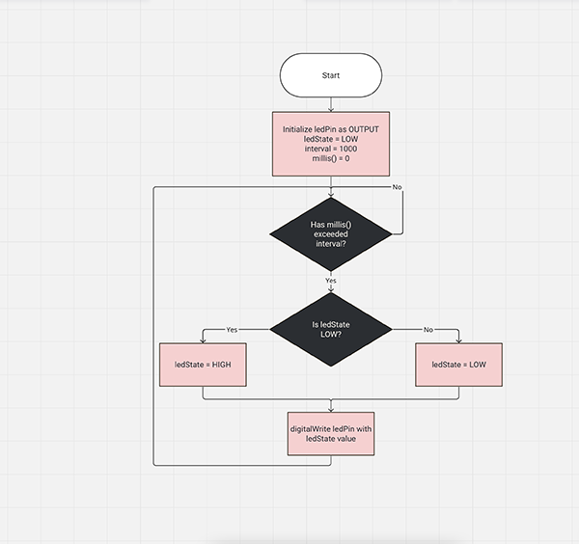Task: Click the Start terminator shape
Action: [x=331, y=75]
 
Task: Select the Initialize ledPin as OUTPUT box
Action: [x=331, y=145]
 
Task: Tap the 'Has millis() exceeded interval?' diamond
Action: [x=331, y=233]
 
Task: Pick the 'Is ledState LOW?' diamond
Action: [x=331, y=330]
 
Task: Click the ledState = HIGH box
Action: [x=204, y=365]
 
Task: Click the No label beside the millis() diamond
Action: [x=397, y=186]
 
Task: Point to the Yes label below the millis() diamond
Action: [x=331, y=281]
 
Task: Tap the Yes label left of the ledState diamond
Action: [x=232, y=330]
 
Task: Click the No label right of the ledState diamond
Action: [x=428, y=330]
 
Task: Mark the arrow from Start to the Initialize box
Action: [x=331, y=105]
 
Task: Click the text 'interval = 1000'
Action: [x=331, y=150]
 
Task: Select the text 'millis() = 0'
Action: [x=331, y=160]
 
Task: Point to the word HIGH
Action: [x=221, y=365]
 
